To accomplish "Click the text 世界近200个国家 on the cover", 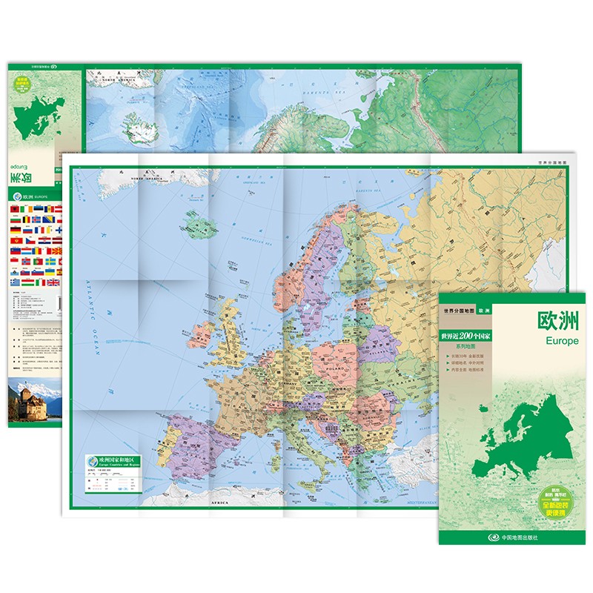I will click(x=466, y=336).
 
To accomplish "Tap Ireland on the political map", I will click(x=199, y=334).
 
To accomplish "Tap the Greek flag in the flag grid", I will click(x=16, y=282).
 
